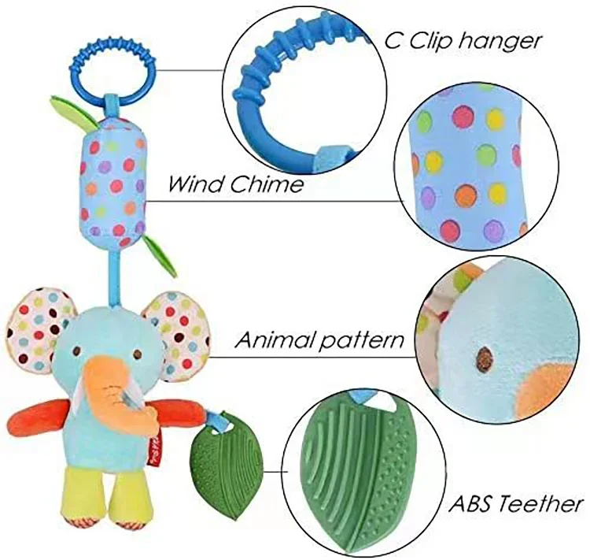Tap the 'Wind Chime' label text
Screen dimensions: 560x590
(235, 184)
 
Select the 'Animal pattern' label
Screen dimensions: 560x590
(320, 341)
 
